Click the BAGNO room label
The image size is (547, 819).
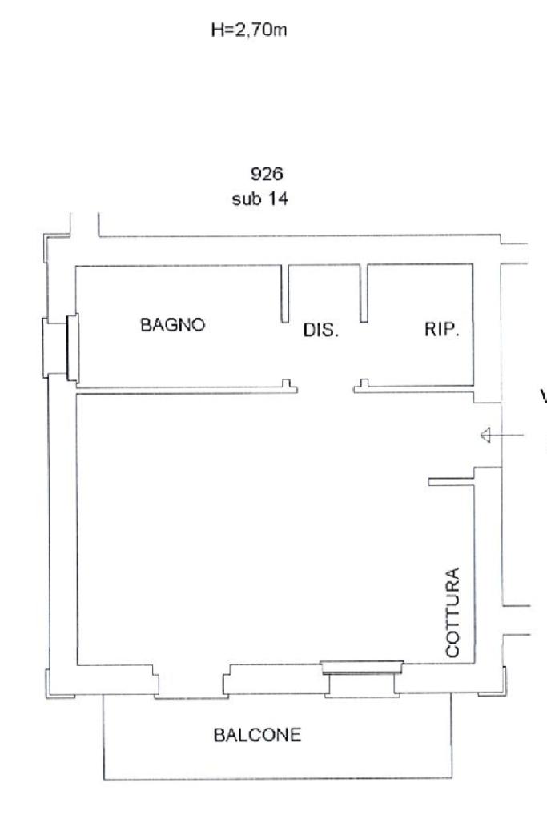pyautogui.click(x=172, y=325)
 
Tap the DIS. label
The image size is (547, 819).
pyautogui.click(x=321, y=330)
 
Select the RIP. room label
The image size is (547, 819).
pyautogui.click(x=442, y=329)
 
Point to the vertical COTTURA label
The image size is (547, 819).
pyautogui.click(x=452, y=612)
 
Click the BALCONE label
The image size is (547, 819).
pyautogui.click(x=258, y=735)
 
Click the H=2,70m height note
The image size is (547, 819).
pyautogui.click(x=249, y=30)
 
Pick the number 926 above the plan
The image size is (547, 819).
pyautogui.click(x=267, y=174)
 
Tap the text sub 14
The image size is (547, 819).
pyautogui.click(x=259, y=199)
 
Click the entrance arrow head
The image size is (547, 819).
pyautogui.click(x=485, y=435)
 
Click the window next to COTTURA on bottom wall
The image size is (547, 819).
pyautogui.click(x=362, y=667)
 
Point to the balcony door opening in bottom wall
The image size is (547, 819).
pyautogui.click(x=191, y=680)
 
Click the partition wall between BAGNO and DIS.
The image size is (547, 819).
pyautogui.click(x=285, y=294)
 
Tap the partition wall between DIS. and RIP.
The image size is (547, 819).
pyautogui.click(x=364, y=293)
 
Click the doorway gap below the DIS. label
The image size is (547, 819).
pyautogui.click(x=325, y=389)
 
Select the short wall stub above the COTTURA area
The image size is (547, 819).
pyautogui.click(x=452, y=482)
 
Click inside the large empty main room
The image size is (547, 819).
pyautogui.click(x=251, y=528)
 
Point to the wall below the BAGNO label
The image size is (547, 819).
pyautogui.click(x=187, y=388)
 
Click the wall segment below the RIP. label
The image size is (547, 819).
pyautogui.click(x=414, y=387)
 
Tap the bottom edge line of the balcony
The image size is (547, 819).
pyautogui.click(x=278, y=779)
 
